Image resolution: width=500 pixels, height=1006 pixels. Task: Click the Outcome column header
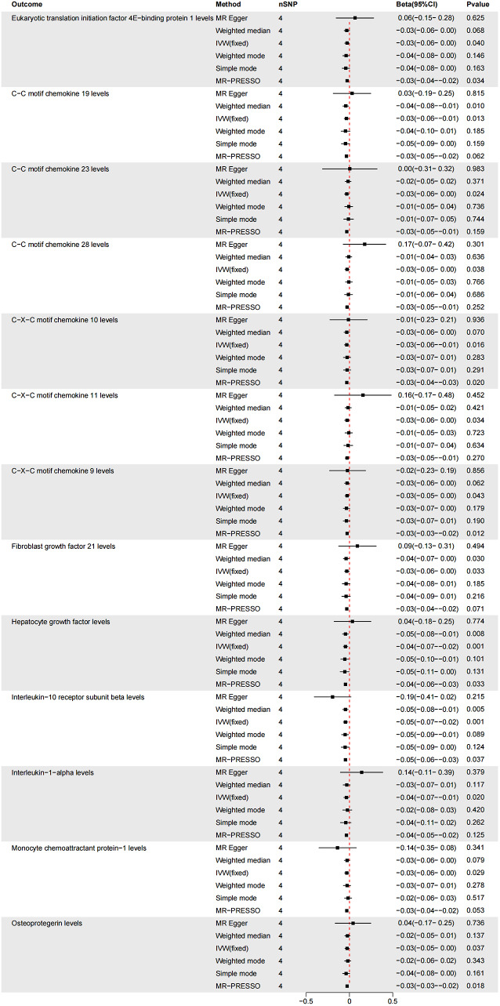[27, 5]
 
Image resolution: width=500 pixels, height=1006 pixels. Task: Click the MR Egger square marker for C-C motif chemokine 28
[364, 244]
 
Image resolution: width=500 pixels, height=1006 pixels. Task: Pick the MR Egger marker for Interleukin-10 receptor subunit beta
[333, 696]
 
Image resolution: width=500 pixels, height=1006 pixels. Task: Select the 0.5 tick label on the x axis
[391, 1000]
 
